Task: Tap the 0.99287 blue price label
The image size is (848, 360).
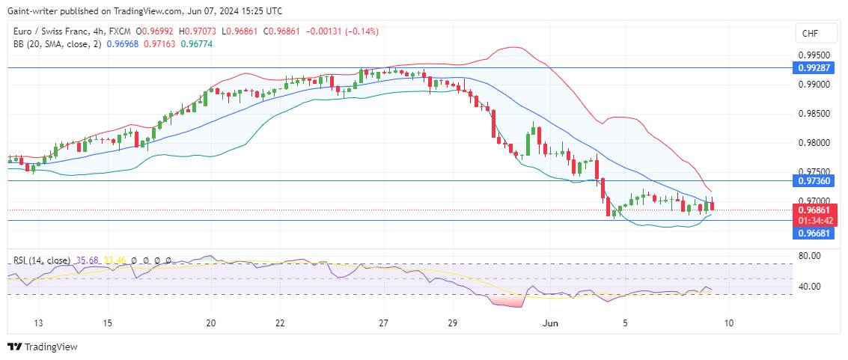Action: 813,67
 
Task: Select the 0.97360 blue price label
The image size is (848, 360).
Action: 813,181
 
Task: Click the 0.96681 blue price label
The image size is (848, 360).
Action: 813,234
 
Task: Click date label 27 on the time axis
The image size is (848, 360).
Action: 383,323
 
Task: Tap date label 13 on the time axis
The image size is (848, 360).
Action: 39,323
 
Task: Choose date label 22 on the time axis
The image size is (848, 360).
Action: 278,323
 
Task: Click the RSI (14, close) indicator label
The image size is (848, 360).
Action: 42,260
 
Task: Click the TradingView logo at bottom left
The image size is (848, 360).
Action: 43,347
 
